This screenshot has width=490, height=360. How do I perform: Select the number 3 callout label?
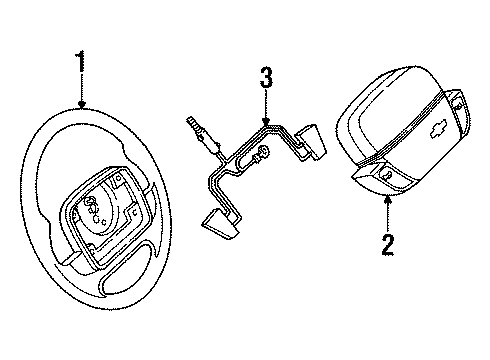pos(265,77)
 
